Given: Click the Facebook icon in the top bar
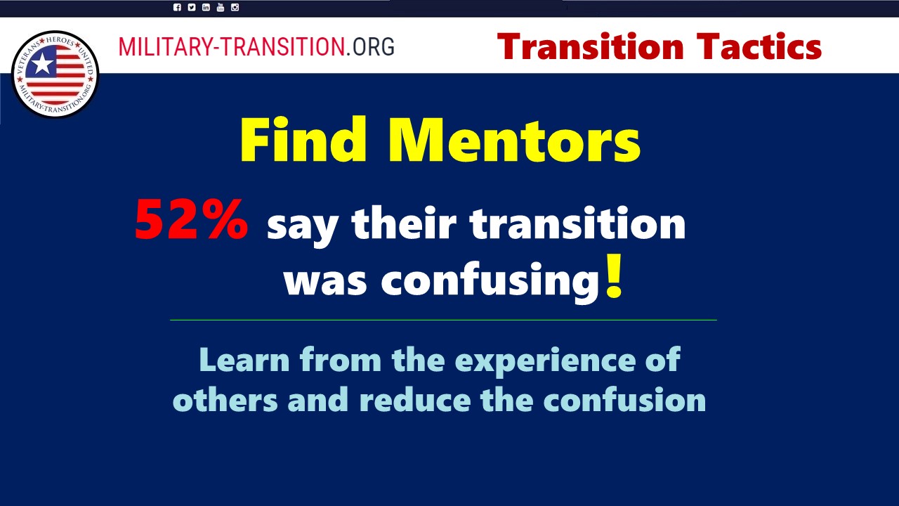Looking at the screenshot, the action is click(177, 7).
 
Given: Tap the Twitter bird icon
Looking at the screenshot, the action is click(192, 7).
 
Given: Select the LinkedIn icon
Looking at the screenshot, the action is click(206, 7).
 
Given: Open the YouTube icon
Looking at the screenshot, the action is click(221, 7).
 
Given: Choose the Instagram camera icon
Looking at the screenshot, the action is click(235, 7).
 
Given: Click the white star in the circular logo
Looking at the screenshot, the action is click(42, 64).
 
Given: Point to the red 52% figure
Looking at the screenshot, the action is click(192, 220).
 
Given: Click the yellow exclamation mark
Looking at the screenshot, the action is click(614, 275).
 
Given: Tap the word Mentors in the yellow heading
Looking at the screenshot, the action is click(514, 140).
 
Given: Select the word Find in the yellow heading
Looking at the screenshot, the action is click(303, 139).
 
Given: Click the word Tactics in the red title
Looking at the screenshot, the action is click(759, 46).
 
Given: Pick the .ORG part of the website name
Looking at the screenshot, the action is click(370, 46).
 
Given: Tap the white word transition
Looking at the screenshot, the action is click(578, 223).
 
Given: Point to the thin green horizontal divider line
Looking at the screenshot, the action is click(443, 320).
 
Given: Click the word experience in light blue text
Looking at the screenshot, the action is click(546, 361).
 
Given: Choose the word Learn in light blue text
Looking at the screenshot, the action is click(244, 360).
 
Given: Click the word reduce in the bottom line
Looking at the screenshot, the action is click(415, 401).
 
